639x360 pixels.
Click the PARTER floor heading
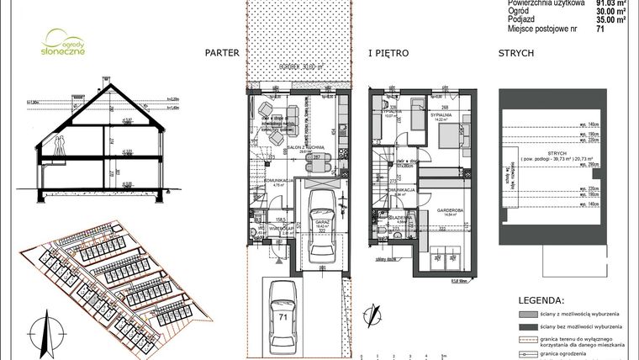pos(222,53)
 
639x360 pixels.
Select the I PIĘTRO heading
pos(388,53)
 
